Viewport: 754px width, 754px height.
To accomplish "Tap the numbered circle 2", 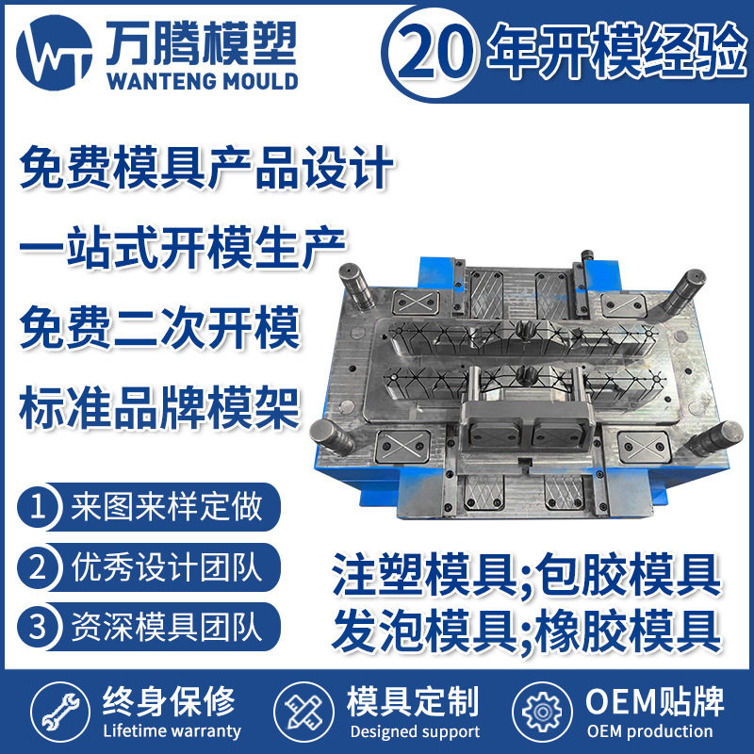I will click(39, 567).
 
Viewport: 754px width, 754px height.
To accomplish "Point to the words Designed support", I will click(414, 731).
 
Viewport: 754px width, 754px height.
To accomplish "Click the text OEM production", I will click(649, 731).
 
